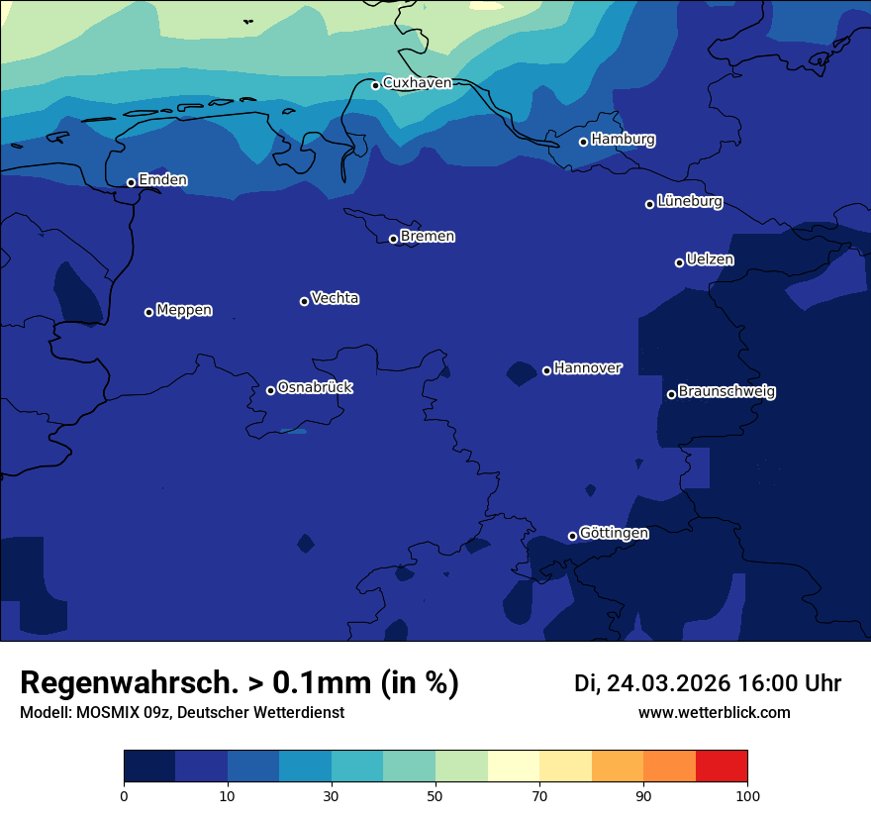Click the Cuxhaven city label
[417, 83]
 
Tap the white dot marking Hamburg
[583, 142]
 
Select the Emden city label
[162, 180]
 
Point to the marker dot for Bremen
[393, 239]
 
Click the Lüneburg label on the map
[689, 202]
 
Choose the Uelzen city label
[710, 260]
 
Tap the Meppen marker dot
[148, 312]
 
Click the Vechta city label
[335, 298]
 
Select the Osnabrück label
[315, 388]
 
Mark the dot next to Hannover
[546, 370]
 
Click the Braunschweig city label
[726, 392]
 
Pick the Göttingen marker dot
[572, 536]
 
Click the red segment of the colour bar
[722, 767]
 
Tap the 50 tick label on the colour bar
[435, 795]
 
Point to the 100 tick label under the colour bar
[747, 795]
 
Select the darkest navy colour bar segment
[149, 767]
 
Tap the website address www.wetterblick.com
[715, 713]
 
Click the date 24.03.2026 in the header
[668, 683]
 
